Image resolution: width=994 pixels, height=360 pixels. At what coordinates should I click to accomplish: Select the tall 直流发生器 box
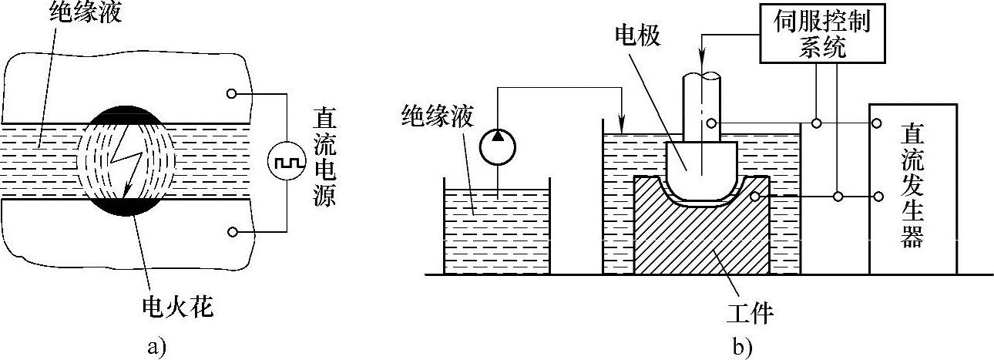coord(912,188)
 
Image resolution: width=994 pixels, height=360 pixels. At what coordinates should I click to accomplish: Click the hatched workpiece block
coord(701,239)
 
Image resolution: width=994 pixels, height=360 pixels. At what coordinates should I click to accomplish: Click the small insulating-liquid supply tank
coord(497,227)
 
